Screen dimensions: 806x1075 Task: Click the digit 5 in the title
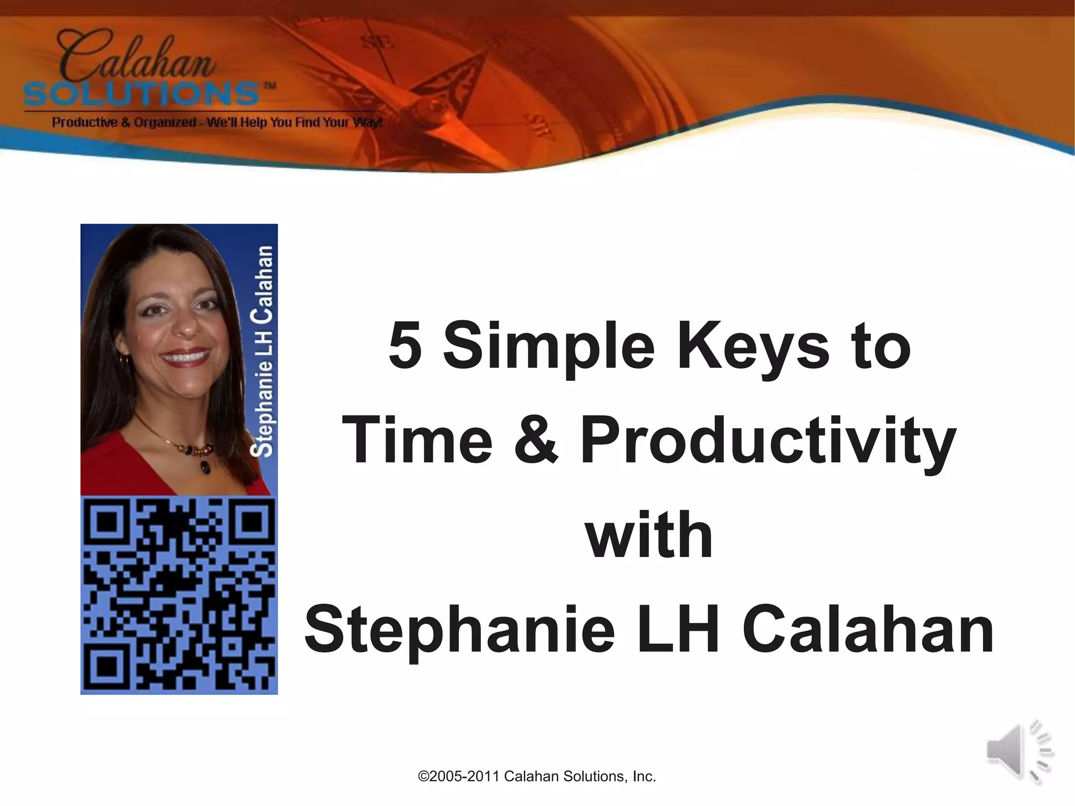[x=405, y=346]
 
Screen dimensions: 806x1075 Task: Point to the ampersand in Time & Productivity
[x=535, y=440]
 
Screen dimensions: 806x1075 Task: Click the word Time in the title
[x=418, y=440]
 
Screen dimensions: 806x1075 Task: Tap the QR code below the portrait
[x=179, y=595]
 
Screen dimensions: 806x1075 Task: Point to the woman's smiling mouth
[x=185, y=357]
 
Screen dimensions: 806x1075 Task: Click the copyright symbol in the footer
[x=423, y=777]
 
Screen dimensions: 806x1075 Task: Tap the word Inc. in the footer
[x=644, y=777]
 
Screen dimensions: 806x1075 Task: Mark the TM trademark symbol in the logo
[x=269, y=86]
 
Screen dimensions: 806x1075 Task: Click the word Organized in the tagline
[x=166, y=123]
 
